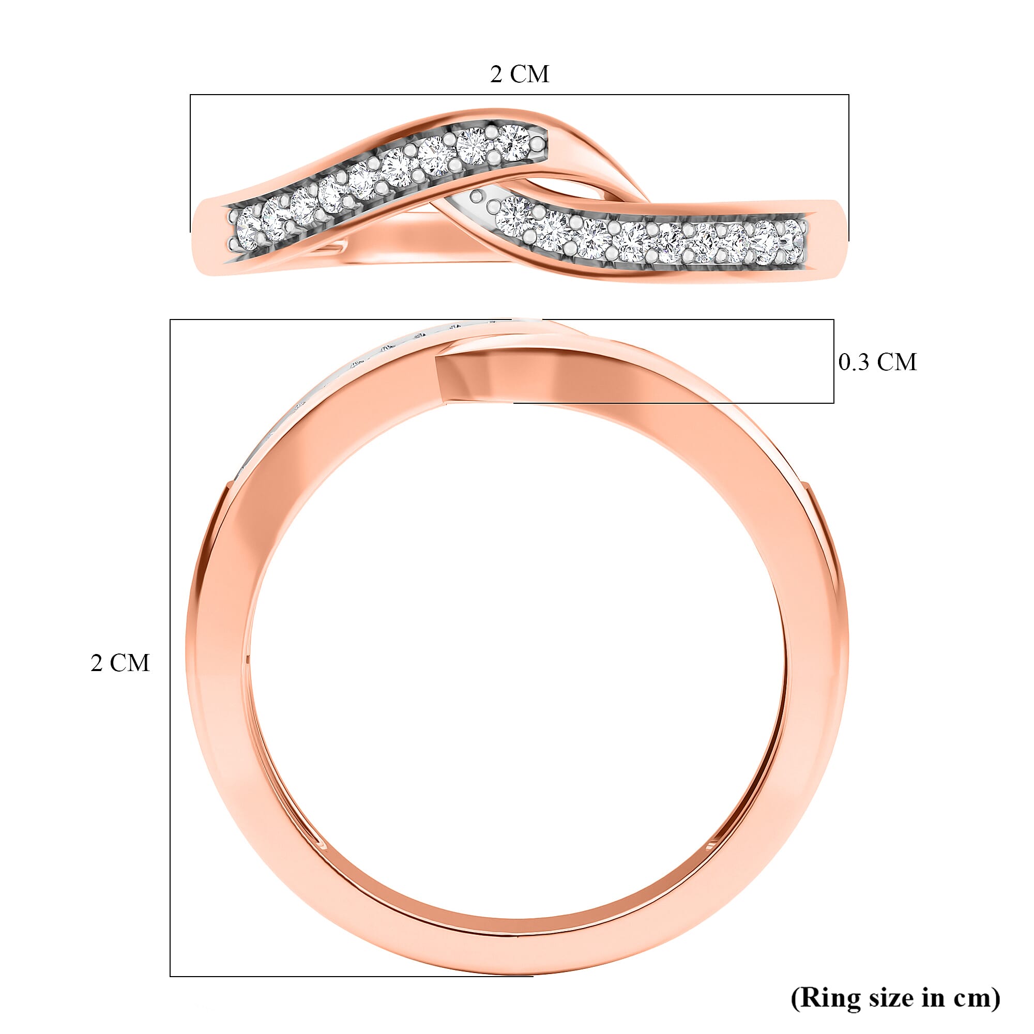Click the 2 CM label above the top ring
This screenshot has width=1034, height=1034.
tap(519, 74)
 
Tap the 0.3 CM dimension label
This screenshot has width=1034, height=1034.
tap(877, 362)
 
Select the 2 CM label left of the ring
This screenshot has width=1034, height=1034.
tap(120, 663)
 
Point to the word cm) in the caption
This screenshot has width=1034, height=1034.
tap(975, 998)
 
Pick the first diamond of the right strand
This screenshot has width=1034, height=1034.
tap(515, 212)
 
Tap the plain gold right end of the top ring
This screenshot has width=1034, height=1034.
tap(827, 225)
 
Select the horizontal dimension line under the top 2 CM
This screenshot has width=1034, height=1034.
tap(519, 95)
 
